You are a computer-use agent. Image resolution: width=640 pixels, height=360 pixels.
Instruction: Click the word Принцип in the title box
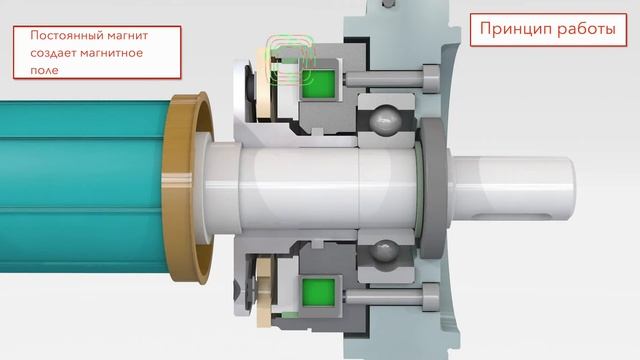tap(516, 29)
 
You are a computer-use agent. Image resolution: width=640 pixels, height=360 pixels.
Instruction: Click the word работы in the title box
tap(587, 30)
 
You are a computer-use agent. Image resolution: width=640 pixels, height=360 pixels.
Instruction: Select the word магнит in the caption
tap(127, 36)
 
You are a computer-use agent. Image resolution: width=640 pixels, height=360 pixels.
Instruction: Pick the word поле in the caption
tap(44, 71)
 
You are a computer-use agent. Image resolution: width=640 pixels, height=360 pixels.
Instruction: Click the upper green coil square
tap(318, 83)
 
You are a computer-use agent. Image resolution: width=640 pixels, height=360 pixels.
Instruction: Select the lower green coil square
tap(318, 292)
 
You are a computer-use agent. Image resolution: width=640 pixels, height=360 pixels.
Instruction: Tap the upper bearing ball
tap(385, 119)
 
